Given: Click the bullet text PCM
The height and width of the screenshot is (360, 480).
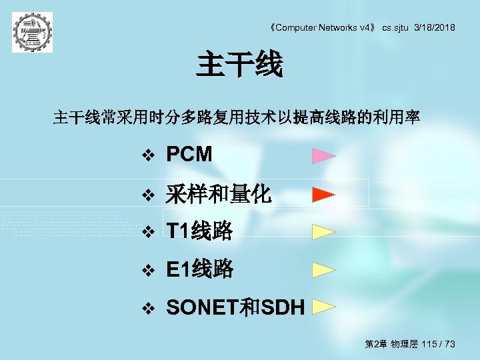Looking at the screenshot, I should [x=189, y=155].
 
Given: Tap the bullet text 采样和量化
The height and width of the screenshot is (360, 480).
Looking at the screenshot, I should [x=218, y=194].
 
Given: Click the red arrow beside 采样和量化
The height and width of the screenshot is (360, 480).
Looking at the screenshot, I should [x=323, y=195].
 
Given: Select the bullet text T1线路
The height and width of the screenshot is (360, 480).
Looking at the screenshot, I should [x=199, y=231].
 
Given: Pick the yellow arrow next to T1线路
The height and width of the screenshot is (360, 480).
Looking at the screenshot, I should [x=323, y=232].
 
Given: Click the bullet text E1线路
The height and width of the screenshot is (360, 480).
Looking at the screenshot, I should [x=199, y=269].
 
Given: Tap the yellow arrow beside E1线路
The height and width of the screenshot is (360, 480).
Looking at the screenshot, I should [x=323, y=270].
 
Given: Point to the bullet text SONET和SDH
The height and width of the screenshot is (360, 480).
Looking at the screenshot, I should [x=235, y=307].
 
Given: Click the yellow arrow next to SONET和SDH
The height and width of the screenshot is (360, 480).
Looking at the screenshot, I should [x=323, y=307].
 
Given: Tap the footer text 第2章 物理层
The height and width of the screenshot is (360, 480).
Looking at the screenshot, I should [x=391, y=344].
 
